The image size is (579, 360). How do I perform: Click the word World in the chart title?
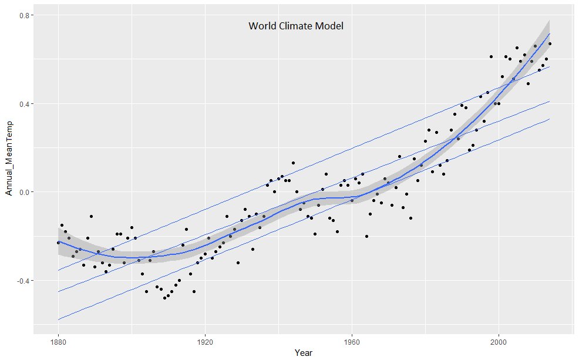(x=261, y=26)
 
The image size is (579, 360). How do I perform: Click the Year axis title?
(x=304, y=352)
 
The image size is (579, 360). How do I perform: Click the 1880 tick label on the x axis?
(x=58, y=340)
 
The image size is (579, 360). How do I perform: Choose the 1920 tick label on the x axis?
(x=205, y=340)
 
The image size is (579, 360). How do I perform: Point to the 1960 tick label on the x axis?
(x=352, y=340)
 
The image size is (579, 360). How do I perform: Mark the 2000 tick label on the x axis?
(x=499, y=340)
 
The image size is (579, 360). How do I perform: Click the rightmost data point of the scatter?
(x=550, y=43)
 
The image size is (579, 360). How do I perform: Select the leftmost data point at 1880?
(x=58, y=243)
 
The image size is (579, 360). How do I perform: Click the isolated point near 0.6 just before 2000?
(x=491, y=56)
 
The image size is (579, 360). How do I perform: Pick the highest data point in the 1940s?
(x=293, y=163)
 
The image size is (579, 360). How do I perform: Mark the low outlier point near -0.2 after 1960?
(x=366, y=236)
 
